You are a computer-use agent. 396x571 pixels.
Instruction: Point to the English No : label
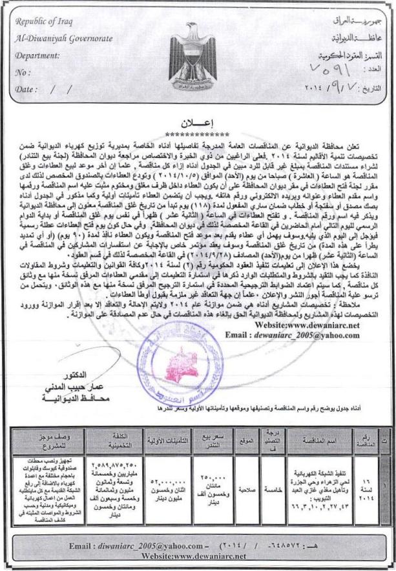click(x=22, y=72)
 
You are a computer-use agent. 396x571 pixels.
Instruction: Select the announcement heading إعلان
click(x=198, y=120)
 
